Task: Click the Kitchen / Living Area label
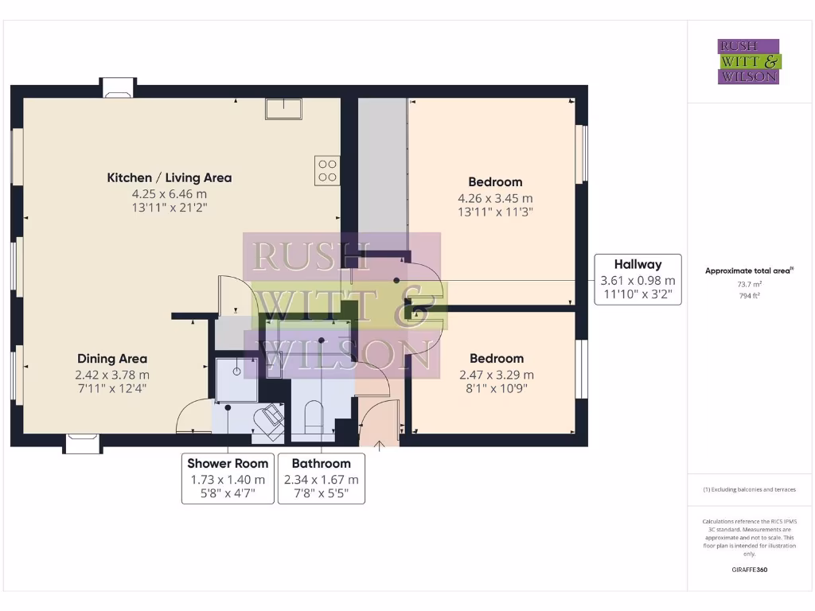pyautogui.click(x=169, y=177)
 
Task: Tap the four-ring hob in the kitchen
pyautogui.click(x=327, y=171)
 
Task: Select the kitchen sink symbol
pyautogui.click(x=283, y=108)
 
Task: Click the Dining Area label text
pyautogui.click(x=112, y=359)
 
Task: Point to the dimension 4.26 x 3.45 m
pyautogui.click(x=495, y=198)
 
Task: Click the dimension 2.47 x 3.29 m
pyautogui.click(x=496, y=375)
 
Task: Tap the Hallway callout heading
pyautogui.click(x=638, y=264)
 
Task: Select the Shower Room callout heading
pyautogui.click(x=228, y=463)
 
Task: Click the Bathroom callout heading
pyautogui.click(x=321, y=463)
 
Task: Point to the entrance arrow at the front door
pyautogui.click(x=380, y=445)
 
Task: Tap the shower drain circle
pyautogui.click(x=236, y=371)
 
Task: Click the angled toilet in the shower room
pyautogui.click(x=268, y=418)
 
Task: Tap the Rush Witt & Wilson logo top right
pyautogui.click(x=749, y=62)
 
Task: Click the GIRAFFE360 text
pyautogui.click(x=749, y=570)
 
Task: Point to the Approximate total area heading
pyautogui.click(x=749, y=270)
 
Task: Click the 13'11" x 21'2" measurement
pyautogui.click(x=169, y=208)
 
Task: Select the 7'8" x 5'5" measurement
pyautogui.click(x=321, y=493)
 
